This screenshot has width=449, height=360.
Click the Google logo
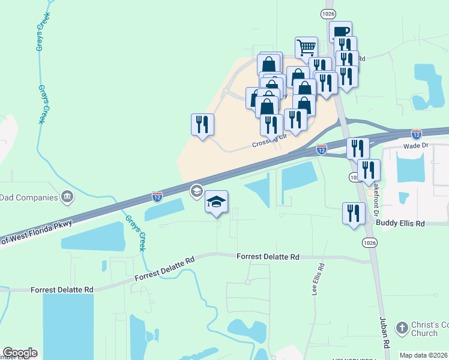click(x=20, y=353)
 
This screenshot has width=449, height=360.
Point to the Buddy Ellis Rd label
click(x=400, y=223)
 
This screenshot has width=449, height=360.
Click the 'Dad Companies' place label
click(x=29, y=197)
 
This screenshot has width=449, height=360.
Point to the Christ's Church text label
click(x=429, y=329)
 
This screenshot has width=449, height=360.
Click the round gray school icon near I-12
click(x=196, y=191)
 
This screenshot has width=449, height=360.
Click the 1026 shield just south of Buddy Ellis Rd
click(x=370, y=242)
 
